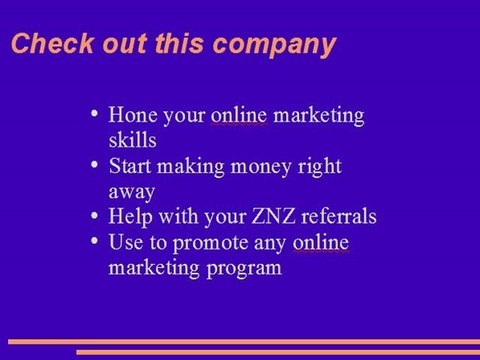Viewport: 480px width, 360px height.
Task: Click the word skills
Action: pos(133,139)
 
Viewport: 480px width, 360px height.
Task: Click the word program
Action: pos(244,268)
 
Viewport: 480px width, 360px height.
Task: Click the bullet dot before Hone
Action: pos(92,113)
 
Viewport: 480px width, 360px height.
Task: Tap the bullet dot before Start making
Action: pos(92,162)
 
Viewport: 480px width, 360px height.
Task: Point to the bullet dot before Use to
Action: pos(92,239)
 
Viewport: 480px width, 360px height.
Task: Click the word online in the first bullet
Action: pos(238,116)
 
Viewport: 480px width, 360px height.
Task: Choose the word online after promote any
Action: pos(320,242)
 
